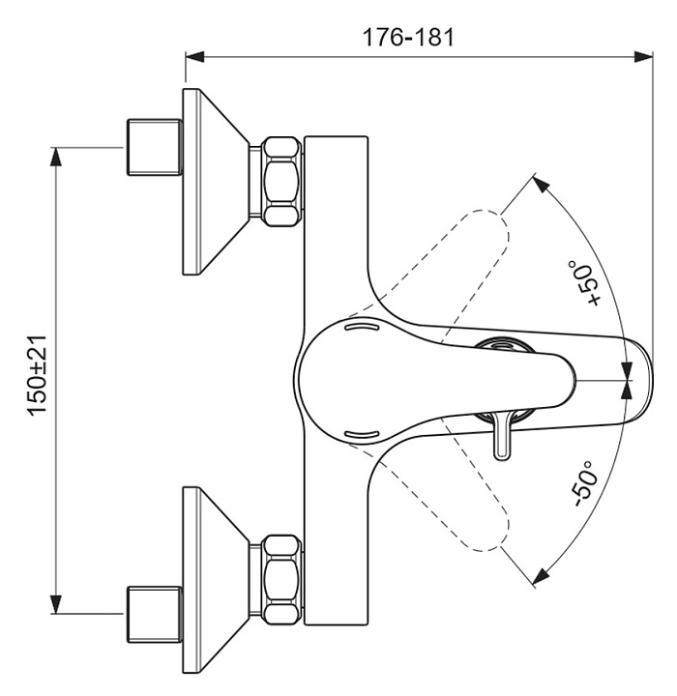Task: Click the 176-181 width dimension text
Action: [409, 38]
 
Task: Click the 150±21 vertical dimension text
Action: [38, 375]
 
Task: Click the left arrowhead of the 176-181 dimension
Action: [194, 57]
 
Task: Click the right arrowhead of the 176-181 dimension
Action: [643, 57]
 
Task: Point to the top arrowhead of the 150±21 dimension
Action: [55, 158]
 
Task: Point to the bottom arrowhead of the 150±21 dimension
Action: [55, 604]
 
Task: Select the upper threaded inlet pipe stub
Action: [155, 147]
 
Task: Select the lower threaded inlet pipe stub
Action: [155, 615]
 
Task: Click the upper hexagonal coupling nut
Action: [280, 182]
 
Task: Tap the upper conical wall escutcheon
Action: [216, 182]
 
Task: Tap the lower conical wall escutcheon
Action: [216, 580]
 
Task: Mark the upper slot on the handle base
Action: [362, 327]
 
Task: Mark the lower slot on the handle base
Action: [362, 433]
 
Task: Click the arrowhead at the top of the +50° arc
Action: [541, 183]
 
